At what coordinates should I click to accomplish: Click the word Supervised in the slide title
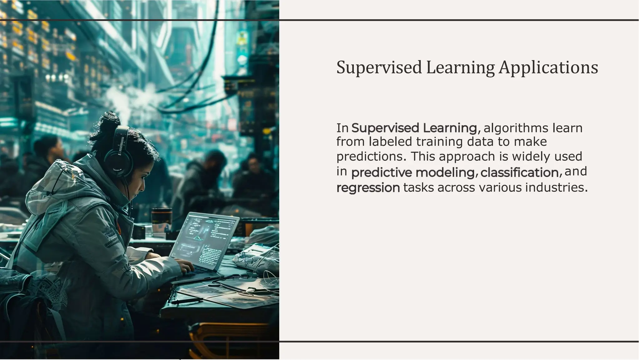point(379,67)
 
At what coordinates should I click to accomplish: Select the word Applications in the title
point(548,67)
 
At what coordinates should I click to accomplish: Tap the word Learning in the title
point(460,67)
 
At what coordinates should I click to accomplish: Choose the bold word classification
point(519,172)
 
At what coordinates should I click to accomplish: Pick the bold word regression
point(368,188)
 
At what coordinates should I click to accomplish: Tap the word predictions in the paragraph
point(371,156)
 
